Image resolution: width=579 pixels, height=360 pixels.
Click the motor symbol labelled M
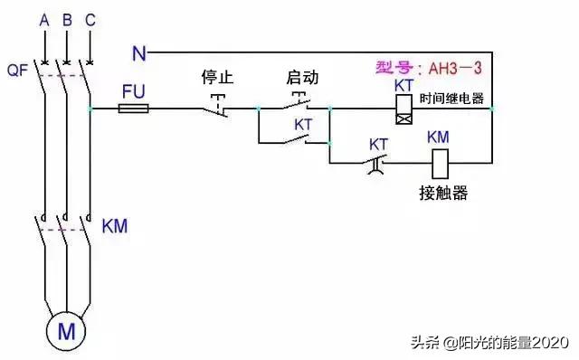click(x=66, y=331)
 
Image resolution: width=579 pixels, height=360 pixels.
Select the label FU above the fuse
click(x=133, y=90)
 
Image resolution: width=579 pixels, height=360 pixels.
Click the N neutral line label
click(x=138, y=53)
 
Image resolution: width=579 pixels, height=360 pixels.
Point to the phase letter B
click(x=66, y=18)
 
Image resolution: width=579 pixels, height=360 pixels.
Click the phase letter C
click(x=89, y=18)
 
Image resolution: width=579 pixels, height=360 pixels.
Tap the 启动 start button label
click(x=302, y=77)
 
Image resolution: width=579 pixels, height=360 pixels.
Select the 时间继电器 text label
click(x=452, y=99)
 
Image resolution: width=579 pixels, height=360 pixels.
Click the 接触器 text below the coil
click(x=444, y=194)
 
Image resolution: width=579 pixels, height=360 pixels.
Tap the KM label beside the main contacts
click(x=115, y=224)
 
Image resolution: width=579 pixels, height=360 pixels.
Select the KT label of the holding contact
click(x=304, y=124)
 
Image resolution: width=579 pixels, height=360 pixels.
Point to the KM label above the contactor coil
click(x=438, y=137)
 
